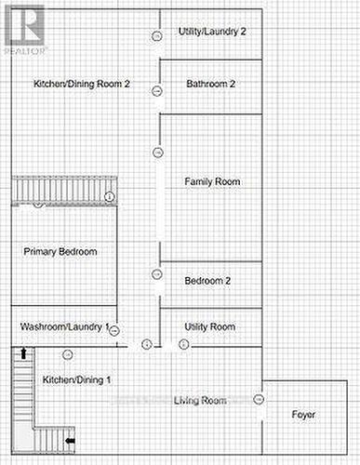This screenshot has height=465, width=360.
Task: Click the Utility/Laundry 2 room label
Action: pyautogui.click(x=212, y=32)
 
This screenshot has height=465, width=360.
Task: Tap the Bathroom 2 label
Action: pyautogui.click(x=211, y=84)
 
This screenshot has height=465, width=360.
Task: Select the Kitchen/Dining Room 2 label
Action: pyautogui.click(x=82, y=84)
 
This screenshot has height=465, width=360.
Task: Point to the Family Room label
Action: pyautogui.click(x=212, y=181)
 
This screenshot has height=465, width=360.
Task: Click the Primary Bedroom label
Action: pyautogui.click(x=60, y=251)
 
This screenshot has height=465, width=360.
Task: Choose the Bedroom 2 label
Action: pyautogui.click(x=207, y=281)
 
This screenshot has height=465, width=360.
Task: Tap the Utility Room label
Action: pyautogui.click(x=210, y=326)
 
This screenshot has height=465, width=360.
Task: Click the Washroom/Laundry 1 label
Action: pyautogui.click(x=64, y=326)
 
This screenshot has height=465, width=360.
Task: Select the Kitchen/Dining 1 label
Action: pyautogui.click(x=76, y=379)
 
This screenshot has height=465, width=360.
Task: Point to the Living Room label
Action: pyautogui.click(x=200, y=400)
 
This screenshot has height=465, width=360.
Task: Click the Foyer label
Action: pyautogui.click(x=303, y=415)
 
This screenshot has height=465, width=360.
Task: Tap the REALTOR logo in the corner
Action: pyautogui.click(x=25, y=31)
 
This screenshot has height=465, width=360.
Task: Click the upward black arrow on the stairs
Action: pyautogui.click(x=23, y=353)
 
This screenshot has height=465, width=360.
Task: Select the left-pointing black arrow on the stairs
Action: pyautogui.click(x=71, y=441)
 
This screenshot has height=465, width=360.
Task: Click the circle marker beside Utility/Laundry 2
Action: pyautogui.click(x=157, y=36)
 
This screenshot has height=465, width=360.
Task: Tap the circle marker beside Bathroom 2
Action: pyautogui.click(x=157, y=91)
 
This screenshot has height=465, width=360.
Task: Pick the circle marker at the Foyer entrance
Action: pyautogui.click(x=259, y=399)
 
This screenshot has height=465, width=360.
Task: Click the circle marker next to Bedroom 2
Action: pyautogui.click(x=157, y=274)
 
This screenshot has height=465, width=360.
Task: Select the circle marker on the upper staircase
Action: pyautogui.click(x=109, y=196)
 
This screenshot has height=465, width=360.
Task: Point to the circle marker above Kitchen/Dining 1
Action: pyautogui.click(x=68, y=355)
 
